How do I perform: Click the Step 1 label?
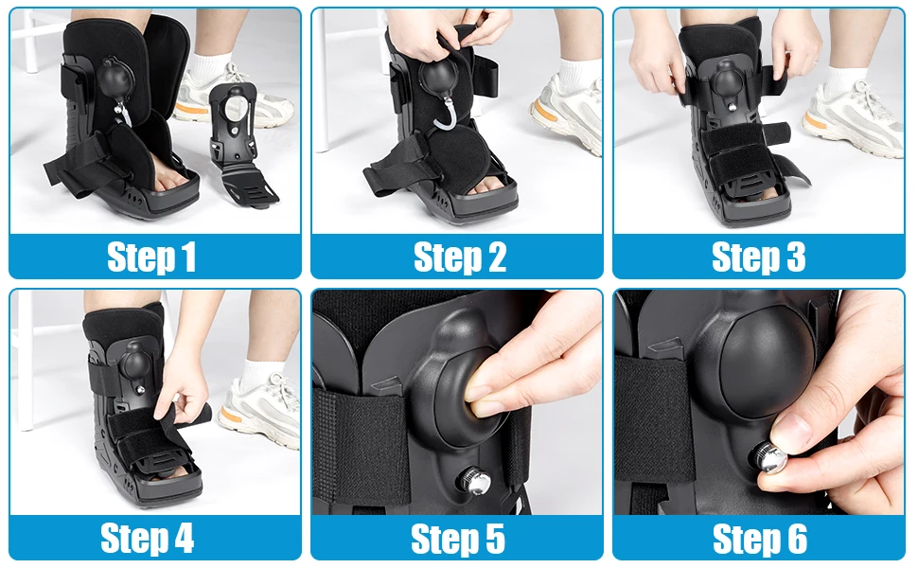click(x=151, y=257)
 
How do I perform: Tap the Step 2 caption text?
click(x=459, y=257)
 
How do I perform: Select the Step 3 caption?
click(x=759, y=257)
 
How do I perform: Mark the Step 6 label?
click(x=759, y=538)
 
